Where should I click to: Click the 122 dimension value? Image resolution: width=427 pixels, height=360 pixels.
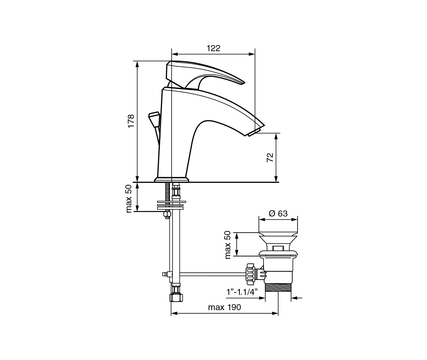point(213,49)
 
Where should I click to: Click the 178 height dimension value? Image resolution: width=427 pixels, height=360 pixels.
point(131,121)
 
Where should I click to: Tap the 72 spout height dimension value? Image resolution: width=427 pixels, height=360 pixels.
point(270,157)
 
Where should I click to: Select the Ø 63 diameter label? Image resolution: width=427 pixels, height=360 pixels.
point(278,213)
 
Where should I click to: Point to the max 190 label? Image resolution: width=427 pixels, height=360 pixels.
point(225,307)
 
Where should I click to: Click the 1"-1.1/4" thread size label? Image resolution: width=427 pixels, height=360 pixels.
point(242,292)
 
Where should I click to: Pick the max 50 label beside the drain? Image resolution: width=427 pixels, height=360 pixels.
point(227,245)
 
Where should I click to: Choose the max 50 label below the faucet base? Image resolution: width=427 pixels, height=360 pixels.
point(129,198)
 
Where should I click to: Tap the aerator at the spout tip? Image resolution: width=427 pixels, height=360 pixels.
point(254,132)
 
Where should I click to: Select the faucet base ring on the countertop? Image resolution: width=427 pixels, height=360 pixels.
point(171,179)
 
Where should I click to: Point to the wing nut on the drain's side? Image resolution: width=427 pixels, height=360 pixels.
point(250,274)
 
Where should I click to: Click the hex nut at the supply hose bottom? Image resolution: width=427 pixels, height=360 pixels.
point(176,297)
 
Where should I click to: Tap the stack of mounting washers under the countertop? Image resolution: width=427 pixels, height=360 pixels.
point(172,205)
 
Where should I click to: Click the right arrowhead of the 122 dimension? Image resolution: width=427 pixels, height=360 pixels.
point(252,54)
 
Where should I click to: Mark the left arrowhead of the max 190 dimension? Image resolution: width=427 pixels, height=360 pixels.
point(174,313)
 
